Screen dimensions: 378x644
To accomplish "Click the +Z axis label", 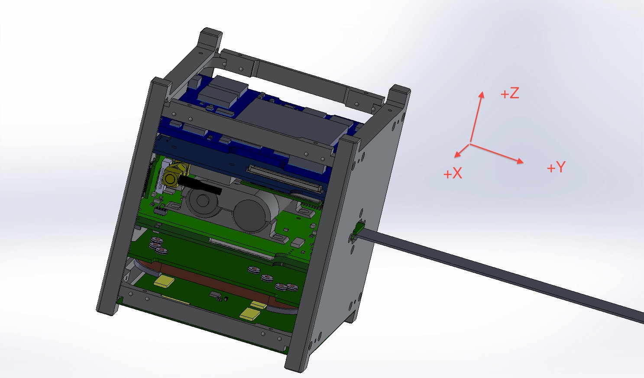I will tap(509, 94).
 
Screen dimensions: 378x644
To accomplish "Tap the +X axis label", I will tap(453, 174).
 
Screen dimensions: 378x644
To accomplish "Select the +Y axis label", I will tap(556, 168).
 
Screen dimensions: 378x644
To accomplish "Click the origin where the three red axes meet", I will tap(470, 143).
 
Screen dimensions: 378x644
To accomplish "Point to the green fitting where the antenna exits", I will tap(358, 229).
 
